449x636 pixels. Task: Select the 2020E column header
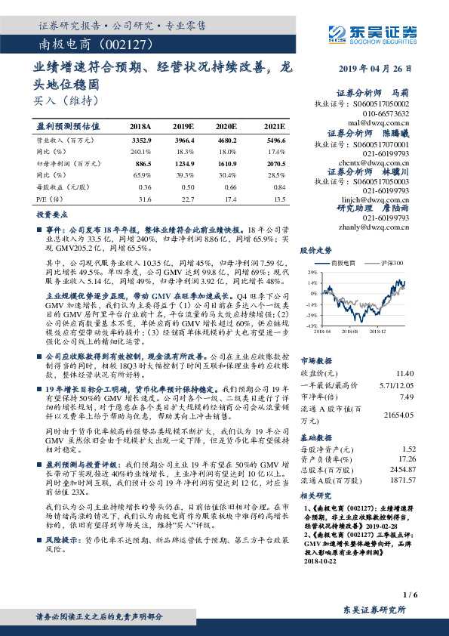pos(226,126)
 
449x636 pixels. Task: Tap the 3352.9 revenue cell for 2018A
pos(141,140)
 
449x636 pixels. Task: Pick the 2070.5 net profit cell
pos(276,162)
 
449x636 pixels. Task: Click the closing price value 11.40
pos(405,373)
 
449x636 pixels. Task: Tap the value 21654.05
pos(399,415)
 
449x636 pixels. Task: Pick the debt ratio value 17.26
pos(406,458)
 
